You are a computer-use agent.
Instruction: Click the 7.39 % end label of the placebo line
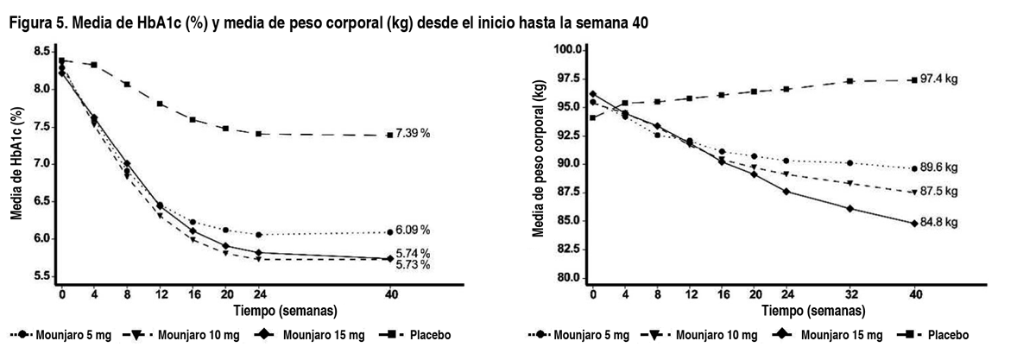coord(413,135)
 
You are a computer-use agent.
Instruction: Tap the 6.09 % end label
coord(413,231)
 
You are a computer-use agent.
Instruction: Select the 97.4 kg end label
coord(939,79)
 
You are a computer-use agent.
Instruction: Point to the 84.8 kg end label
coord(939,223)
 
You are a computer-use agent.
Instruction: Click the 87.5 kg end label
coord(939,192)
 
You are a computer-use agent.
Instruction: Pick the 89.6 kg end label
coord(939,168)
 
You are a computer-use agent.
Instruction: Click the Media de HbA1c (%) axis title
coord(16,164)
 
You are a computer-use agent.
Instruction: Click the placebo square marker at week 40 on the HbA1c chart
coord(390,135)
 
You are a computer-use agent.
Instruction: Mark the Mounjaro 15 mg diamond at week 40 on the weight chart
coord(914,223)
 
